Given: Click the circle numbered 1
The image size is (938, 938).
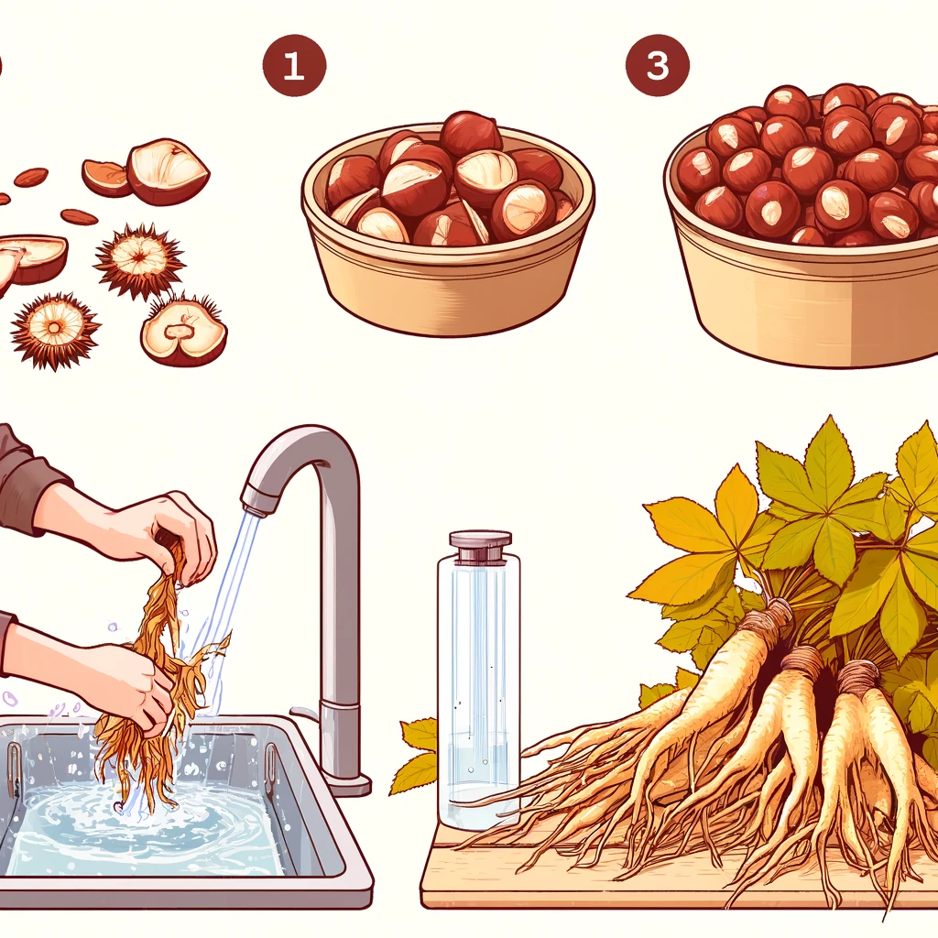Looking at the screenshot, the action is (x=294, y=65).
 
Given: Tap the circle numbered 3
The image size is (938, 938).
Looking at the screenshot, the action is (x=658, y=65).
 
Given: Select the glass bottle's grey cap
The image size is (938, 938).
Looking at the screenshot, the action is (x=480, y=544).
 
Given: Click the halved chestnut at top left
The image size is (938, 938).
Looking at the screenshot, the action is (x=168, y=171).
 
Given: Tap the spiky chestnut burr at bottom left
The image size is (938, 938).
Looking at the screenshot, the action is (x=55, y=329).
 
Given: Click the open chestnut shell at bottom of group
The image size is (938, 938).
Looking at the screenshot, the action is (x=183, y=332).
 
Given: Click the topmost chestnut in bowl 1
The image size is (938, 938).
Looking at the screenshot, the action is (x=471, y=133).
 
